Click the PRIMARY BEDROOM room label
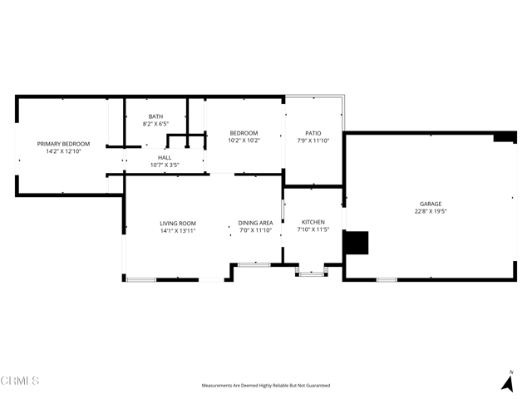[63, 144]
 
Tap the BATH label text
[155, 116]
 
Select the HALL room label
[165, 157]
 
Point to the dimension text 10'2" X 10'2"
[244, 140]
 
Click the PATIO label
[313, 133]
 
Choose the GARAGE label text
[431, 204]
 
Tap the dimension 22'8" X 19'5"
[431, 211]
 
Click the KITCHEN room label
[313, 222]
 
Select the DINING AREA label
[255, 223]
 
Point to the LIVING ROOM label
[178, 224]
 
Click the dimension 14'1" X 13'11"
[178, 231]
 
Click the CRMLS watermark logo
[20, 381]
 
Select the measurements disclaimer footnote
[266, 386]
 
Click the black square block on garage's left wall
[357, 243]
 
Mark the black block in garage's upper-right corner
[505, 137]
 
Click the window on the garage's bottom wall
[387, 280]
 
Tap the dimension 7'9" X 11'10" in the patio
[313, 140]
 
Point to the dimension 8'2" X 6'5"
[155, 124]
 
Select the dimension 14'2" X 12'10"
[63, 151]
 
